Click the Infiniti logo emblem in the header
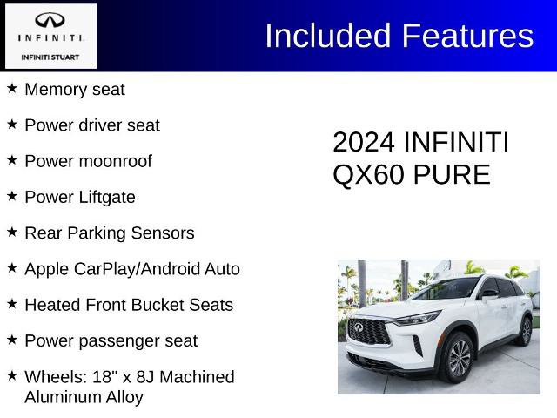[x=49, y=21]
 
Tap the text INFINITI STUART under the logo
[x=49, y=57]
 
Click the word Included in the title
[x=328, y=36]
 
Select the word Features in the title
[x=467, y=36]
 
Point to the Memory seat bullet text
[x=75, y=90]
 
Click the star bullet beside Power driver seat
[x=12, y=125]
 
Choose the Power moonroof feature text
[x=88, y=161]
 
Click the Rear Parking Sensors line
[x=110, y=233]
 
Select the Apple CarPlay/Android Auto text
[x=132, y=269]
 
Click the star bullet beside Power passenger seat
[x=12, y=340]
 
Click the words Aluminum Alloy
[x=84, y=397]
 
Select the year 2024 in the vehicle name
[x=363, y=143]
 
